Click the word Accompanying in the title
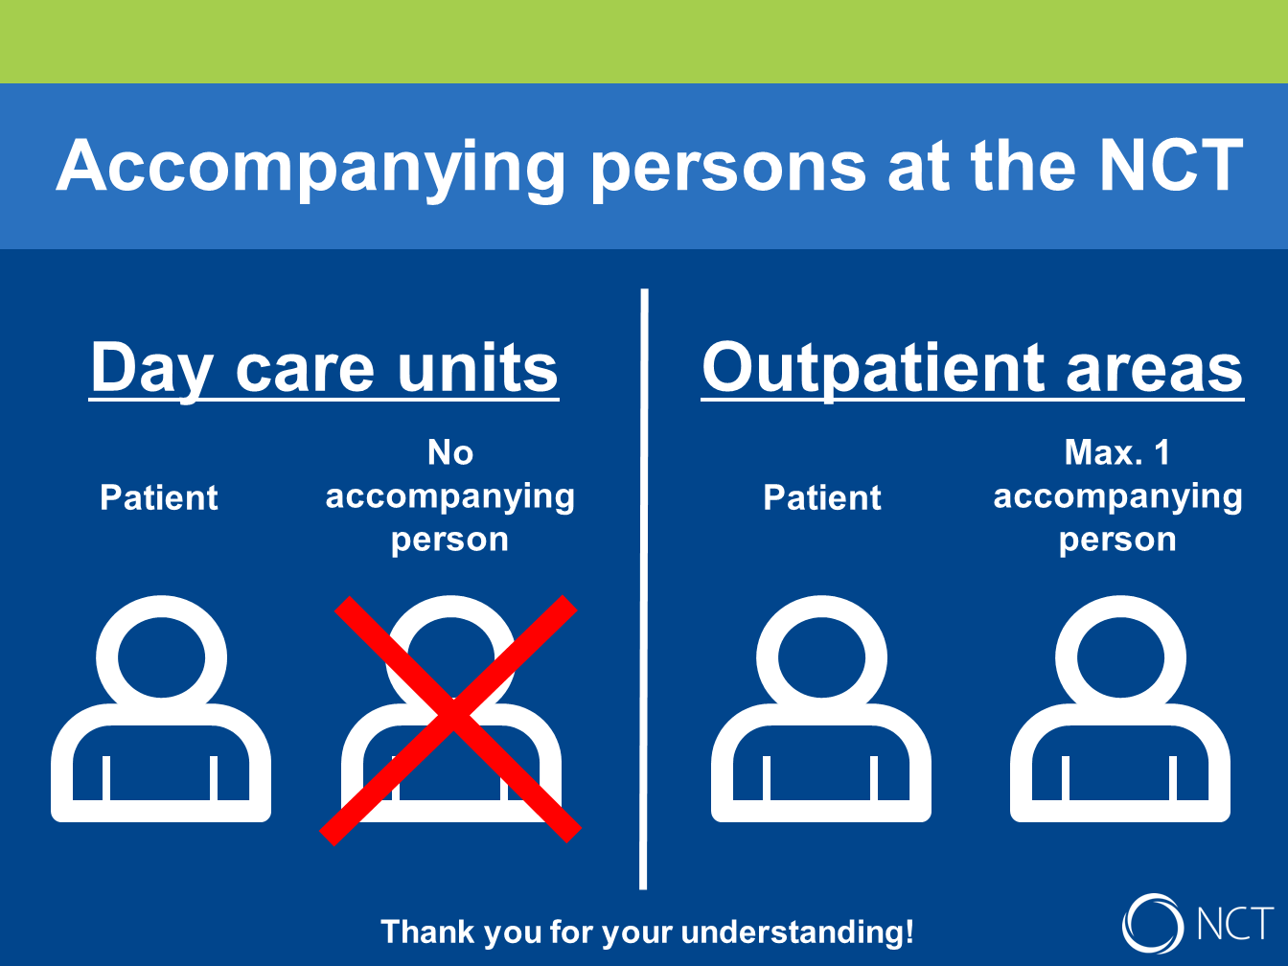point(310,169)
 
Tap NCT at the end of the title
point(1171,165)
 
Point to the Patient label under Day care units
point(158,498)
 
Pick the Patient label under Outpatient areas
point(822,498)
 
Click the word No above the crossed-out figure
point(450,452)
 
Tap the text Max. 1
point(1117,452)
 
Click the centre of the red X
point(451,721)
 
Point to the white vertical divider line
point(644,588)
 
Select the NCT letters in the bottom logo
point(1235,925)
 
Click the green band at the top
point(644,41)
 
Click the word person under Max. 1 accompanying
point(1117,540)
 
